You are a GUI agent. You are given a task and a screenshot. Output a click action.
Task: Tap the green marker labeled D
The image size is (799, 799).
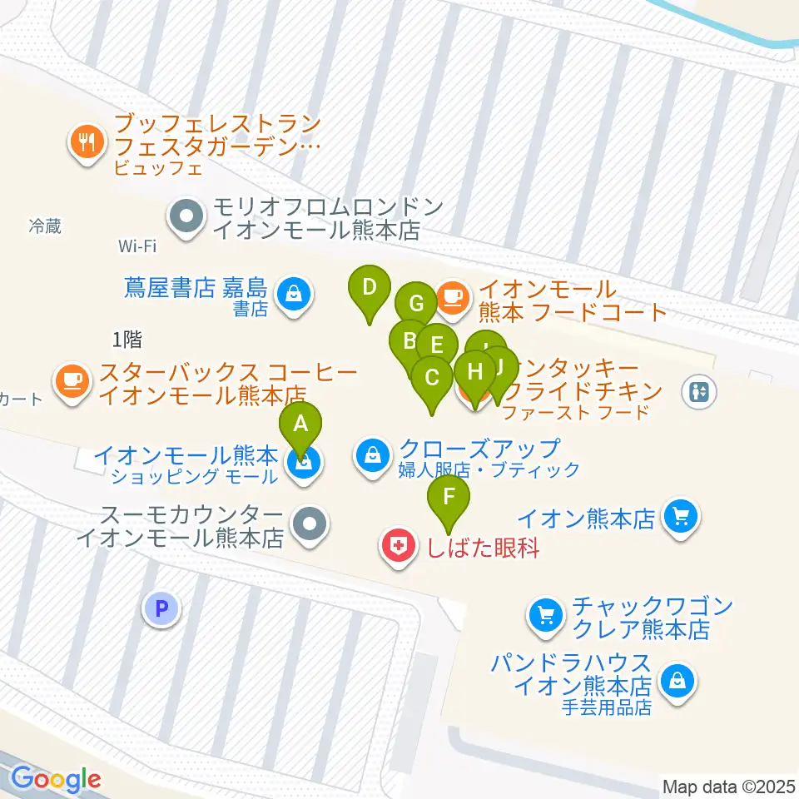click(370, 288)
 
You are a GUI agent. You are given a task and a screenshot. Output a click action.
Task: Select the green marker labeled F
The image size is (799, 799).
click(449, 498)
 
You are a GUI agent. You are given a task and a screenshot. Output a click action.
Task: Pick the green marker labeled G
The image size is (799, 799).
click(415, 302)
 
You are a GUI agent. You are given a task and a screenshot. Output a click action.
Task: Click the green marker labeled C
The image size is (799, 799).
click(432, 377)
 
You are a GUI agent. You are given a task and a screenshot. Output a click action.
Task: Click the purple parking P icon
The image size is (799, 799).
click(161, 608)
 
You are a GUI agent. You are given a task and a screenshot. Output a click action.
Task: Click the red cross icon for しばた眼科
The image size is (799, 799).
click(399, 547)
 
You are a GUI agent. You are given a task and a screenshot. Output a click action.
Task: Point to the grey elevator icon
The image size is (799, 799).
click(698, 390)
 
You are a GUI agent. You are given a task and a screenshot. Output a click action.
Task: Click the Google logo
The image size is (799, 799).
click(56, 779)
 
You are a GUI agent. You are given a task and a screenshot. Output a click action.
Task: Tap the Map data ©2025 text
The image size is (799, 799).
click(728, 785)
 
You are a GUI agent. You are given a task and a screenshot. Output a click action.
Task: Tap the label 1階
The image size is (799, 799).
click(127, 339)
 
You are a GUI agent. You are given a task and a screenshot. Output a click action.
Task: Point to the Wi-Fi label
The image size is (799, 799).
click(137, 246)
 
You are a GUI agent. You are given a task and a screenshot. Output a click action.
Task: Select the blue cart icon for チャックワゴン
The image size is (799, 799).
click(545, 617)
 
